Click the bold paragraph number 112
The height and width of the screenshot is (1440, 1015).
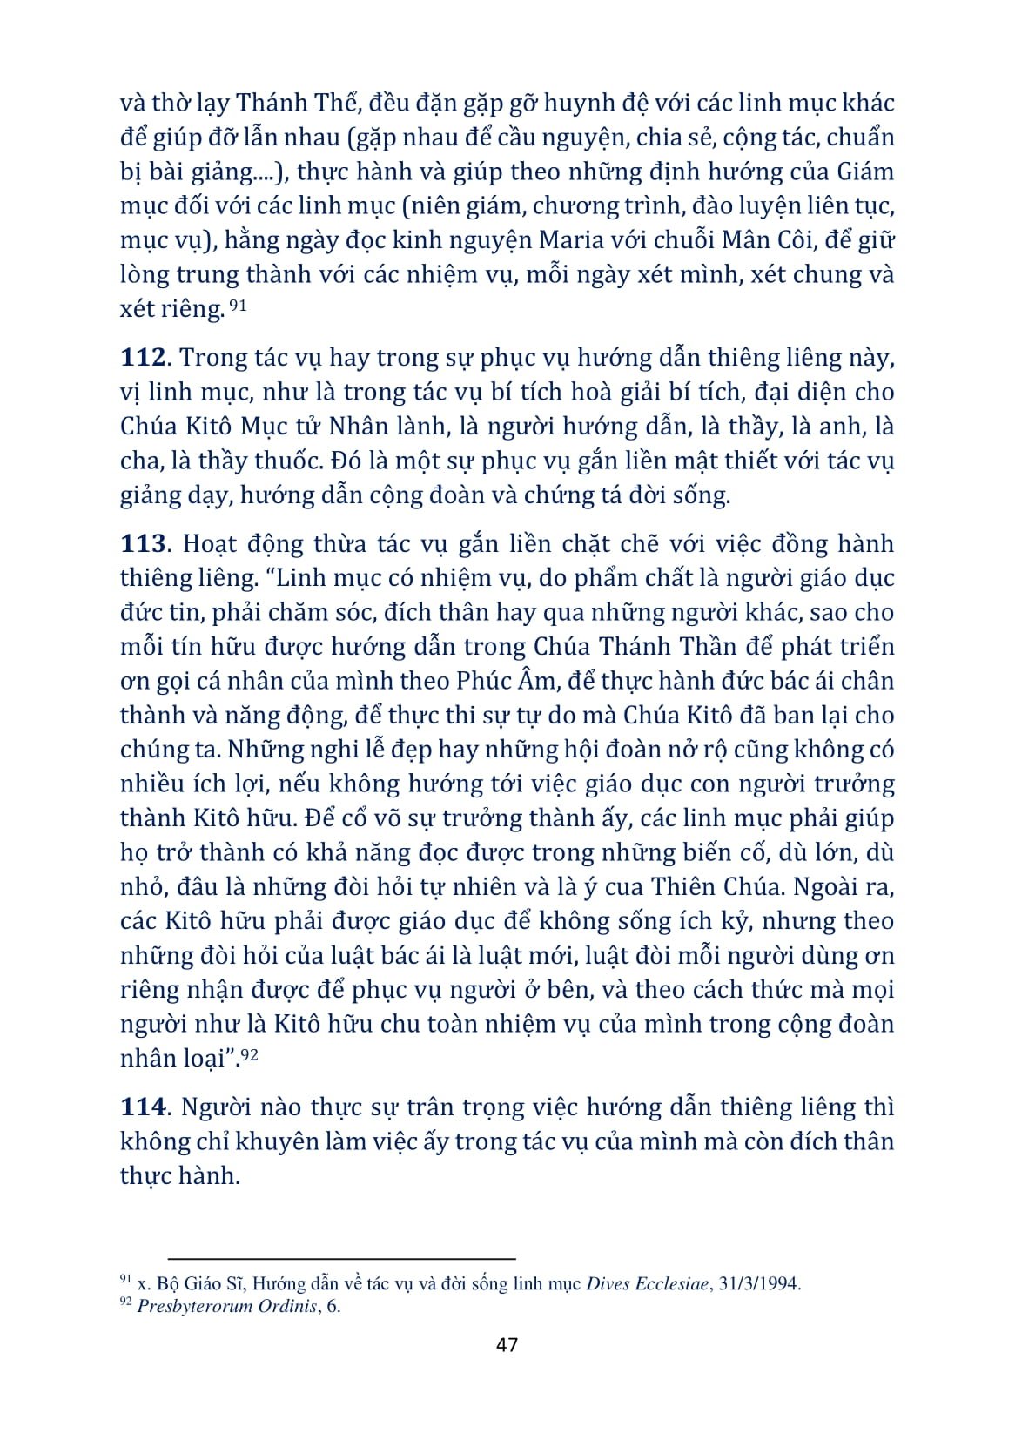pyautogui.click(x=142, y=358)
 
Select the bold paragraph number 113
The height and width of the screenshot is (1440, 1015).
pyautogui.click(x=142, y=544)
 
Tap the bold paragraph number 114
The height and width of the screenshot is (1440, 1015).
pyautogui.click(x=142, y=1107)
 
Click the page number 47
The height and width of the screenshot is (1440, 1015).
pyautogui.click(x=507, y=1344)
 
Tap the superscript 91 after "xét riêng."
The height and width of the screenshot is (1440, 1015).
pyautogui.click(x=239, y=306)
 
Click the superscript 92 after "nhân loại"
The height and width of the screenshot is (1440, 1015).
pyautogui.click(x=249, y=1055)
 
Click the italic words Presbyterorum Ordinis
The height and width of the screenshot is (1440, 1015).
pyautogui.click(x=226, y=1306)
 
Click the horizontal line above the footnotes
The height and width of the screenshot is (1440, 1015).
pyautogui.click(x=341, y=1258)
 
